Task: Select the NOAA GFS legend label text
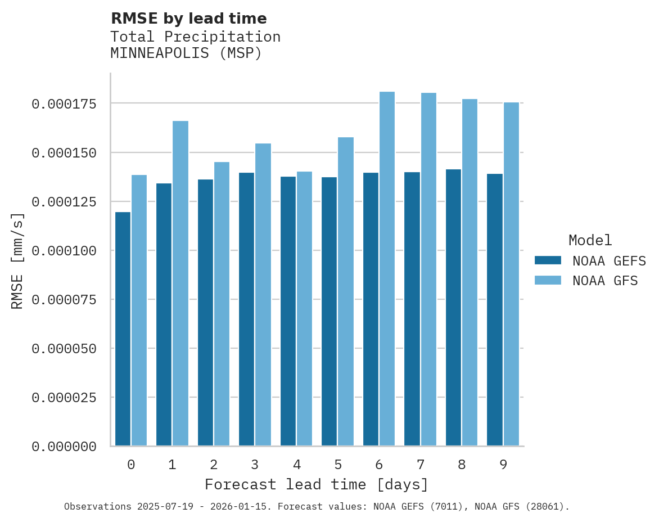(605, 280)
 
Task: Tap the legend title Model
(590, 240)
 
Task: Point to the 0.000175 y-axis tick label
(64, 104)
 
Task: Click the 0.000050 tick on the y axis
(64, 349)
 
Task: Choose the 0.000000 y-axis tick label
(64, 447)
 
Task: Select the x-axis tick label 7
(420, 465)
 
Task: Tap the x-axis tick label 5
(337, 465)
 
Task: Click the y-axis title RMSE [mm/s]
(17, 260)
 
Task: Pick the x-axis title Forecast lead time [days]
(317, 484)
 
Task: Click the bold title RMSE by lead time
(188, 19)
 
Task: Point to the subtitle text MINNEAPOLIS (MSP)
(186, 53)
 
